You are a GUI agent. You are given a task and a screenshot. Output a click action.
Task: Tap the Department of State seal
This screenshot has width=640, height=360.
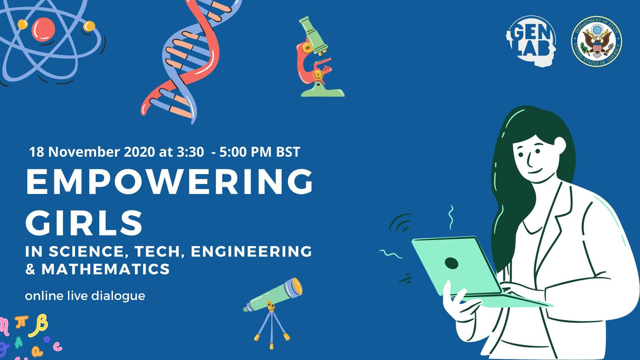(596, 41)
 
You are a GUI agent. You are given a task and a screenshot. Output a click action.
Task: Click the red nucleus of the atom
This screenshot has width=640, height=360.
(43, 29)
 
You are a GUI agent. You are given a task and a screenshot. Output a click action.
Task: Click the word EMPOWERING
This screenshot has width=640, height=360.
(169, 181)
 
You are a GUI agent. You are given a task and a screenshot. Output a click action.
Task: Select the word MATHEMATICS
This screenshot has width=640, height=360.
(105, 269)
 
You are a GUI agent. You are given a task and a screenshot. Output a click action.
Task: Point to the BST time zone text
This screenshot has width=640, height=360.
(288, 152)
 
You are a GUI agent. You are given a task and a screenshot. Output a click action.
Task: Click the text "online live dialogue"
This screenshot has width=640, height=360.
(85, 296)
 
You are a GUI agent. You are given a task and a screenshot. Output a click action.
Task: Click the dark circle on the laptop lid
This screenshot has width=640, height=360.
(451, 263)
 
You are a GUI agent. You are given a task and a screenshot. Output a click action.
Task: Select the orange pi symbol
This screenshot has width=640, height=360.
(21, 322)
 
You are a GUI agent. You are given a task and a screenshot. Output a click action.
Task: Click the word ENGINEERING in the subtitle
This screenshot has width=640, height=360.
(251, 251)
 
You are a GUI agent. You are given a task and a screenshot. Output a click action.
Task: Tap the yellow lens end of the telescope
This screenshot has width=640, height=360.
(297, 286)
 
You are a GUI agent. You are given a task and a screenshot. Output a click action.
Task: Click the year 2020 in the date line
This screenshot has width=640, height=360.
(139, 152)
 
